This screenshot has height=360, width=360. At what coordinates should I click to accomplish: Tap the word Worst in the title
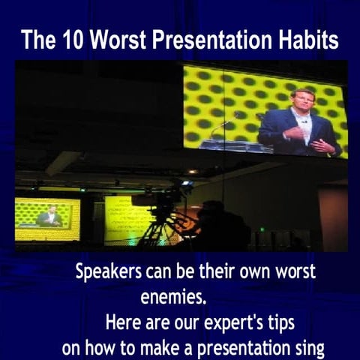pos(113,40)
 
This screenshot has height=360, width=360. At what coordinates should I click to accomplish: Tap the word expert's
pos(238,325)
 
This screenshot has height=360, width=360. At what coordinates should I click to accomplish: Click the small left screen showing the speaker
pos(47,218)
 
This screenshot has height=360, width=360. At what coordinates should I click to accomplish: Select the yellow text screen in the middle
pos(127,219)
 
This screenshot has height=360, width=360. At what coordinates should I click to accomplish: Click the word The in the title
pos(35,40)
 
